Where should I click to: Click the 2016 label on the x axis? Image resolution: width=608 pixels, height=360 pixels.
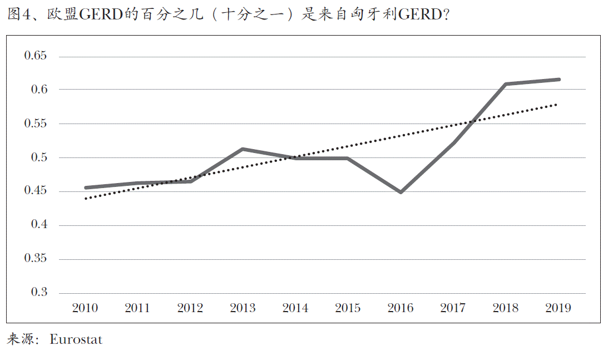click(x=400, y=308)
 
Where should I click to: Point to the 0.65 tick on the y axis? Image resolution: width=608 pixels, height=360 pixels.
click(x=36, y=56)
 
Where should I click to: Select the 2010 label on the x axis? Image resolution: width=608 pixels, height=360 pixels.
click(x=85, y=308)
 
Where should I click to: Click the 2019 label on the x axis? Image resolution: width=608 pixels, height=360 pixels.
click(x=558, y=308)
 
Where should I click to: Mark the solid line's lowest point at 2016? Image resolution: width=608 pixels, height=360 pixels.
click(x=400, y=192)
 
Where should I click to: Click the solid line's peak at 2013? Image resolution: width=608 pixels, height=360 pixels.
click(x=243, y=149)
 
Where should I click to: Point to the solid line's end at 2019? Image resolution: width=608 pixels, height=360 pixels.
click(x=558, y=80)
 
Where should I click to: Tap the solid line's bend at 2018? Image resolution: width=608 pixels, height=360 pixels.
click(x=506, y=84)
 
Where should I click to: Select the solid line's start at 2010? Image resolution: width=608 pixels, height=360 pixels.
click(x=86, y=188)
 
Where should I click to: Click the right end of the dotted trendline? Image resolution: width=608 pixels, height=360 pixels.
click(x=556, y=104)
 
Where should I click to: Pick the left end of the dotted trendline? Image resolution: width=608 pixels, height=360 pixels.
click(x=86, y=198)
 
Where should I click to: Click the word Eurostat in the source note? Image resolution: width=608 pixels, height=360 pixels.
click(x=76, y=339)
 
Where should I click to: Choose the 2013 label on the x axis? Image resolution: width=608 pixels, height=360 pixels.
click(x=243, y=308)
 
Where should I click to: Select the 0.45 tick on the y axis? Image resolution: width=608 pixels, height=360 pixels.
click(x=36, y=191)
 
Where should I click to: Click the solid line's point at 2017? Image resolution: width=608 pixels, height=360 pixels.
click(x=453, y=143)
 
